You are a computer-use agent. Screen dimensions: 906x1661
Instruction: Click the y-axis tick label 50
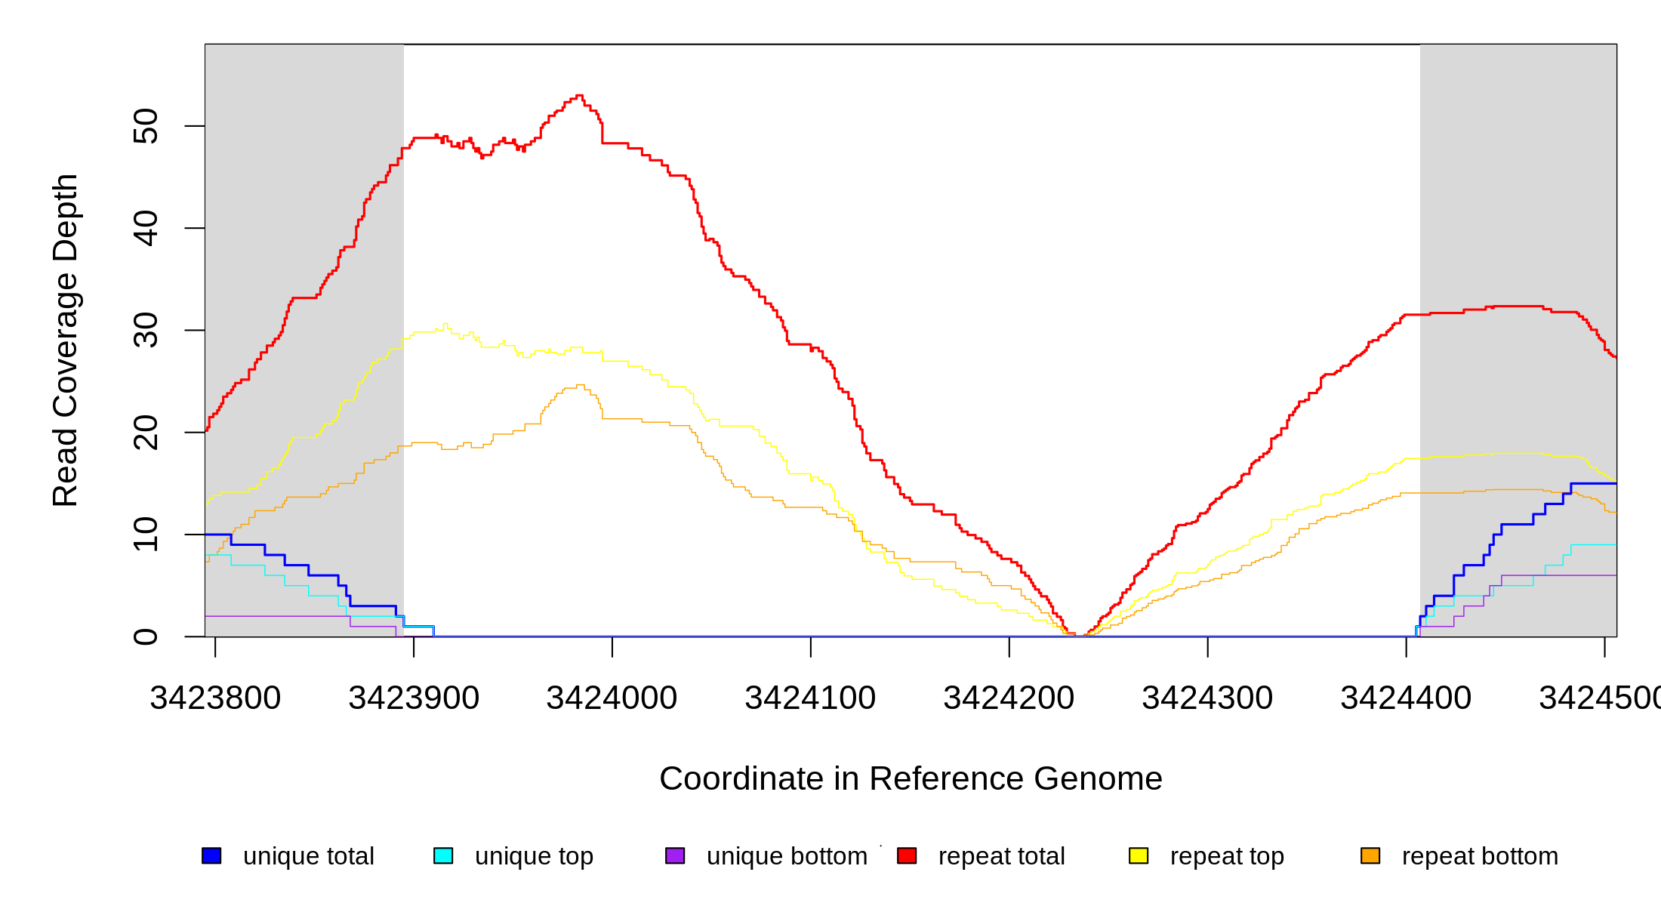click(x=145, y=126)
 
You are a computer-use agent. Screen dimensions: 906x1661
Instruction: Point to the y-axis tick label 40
click(x=145, y=228)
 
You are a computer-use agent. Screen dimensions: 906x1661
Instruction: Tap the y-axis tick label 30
click(x=145, y=330)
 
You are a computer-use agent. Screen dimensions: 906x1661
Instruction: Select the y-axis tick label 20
click(x=145, y=433)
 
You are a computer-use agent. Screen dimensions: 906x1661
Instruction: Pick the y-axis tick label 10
click(x=145, y=535)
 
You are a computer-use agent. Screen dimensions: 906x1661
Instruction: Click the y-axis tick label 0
click(x=145, y=636)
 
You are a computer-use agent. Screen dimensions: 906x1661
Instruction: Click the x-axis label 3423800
click(x=215, y=698)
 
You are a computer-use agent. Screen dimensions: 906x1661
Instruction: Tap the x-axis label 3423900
click(x=414, y=698)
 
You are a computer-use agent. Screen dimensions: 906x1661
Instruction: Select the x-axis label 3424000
click(x=612, y=698)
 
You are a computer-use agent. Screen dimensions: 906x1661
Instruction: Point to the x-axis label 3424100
click(x=811, y=698)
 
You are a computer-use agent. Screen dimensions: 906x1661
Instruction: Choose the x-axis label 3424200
click(x=1009, y=698)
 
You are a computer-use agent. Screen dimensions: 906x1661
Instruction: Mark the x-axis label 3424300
click(x=1208, y=698)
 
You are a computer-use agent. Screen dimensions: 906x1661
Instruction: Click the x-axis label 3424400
click(x=1406, y=698)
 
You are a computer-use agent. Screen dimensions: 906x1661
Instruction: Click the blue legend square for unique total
click(x=211, y=855)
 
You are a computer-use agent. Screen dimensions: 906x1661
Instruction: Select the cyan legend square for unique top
click(x=443, y=855)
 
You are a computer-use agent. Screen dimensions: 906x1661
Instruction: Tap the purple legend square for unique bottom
click(x=675, y=855)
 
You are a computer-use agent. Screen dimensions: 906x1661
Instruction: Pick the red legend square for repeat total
click(x=907, y=855)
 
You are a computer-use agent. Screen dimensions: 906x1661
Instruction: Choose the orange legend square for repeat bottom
click(x=1370, y=855)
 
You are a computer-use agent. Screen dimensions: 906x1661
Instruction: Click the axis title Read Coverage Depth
click(x=66, y=340)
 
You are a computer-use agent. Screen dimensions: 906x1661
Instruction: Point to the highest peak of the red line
click(x=579, y=96)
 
